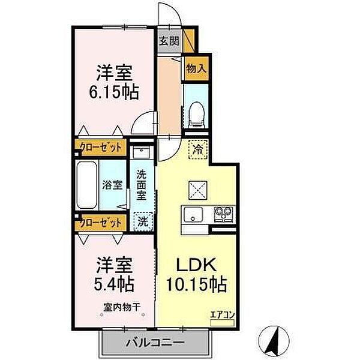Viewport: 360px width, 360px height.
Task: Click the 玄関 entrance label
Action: point(169,41)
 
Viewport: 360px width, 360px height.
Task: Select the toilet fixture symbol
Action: point(196,113)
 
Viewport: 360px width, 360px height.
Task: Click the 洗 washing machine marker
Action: point(143,221)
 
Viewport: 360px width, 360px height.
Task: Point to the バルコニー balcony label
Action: point(154,344)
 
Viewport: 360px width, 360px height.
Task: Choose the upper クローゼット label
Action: point(100,146)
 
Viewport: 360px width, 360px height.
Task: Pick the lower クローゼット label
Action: point(100,223)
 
